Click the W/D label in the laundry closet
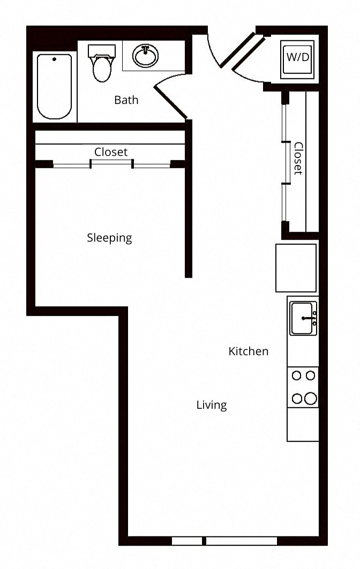point(297,57)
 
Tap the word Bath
point(126,100)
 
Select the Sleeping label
point(109,238)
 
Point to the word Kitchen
point(249,351)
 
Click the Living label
point(212,405)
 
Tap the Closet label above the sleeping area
point(111,152)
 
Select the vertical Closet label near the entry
point(298,158)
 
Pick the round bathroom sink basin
point(146,56)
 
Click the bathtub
point(55,86)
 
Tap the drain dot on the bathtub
point(55,59)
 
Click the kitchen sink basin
point(303,318)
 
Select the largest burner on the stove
point(311,399)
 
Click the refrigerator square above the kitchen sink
point(296,268)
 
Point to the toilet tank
point(102,51)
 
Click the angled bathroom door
point(170,103)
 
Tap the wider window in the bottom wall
point(242,541)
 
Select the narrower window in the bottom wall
point(186,541)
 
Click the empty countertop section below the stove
point(303,424)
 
